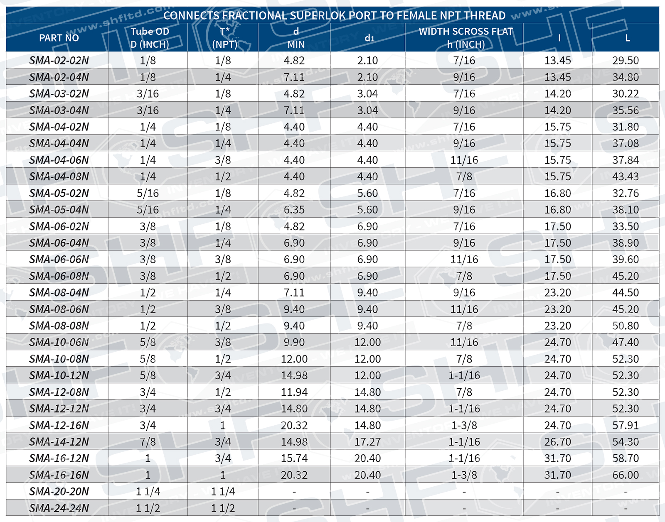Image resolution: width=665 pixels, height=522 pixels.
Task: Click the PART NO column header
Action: click(x=59, y=38)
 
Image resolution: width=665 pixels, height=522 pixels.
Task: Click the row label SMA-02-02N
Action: click(x=59, y=60)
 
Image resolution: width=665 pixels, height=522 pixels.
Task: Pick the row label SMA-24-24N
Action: click(x=59, y=508)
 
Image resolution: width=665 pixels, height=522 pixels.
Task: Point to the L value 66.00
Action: click(x=625, y=475)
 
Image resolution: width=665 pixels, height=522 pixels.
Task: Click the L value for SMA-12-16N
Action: click(x=625, y=425)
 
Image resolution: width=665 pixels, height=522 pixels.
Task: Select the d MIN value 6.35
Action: click(x=294, y=210)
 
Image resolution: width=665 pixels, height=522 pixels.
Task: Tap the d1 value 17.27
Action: click(x=367, y=442)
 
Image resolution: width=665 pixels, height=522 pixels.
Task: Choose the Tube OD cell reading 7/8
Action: click(x=148, y=442)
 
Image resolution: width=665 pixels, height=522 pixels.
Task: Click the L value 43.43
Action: click(x=625, y=176)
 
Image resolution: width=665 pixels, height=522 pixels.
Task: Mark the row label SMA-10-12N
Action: click(x=59, y=375)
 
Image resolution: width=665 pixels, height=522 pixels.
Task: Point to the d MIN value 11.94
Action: click(x=294, y=392)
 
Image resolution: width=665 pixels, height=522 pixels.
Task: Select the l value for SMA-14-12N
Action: click(x=557, y=442)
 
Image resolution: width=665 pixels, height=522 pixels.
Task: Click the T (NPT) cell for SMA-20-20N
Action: click(x=223, y=492)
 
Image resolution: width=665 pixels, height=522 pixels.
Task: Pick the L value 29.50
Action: click(x=625, y=60)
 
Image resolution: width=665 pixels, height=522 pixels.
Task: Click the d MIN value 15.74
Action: click(x=294, y=458)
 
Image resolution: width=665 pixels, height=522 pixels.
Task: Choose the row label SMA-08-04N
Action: click(x=59, y=292)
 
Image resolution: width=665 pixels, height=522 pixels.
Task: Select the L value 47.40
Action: click(x=625, y=342)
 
